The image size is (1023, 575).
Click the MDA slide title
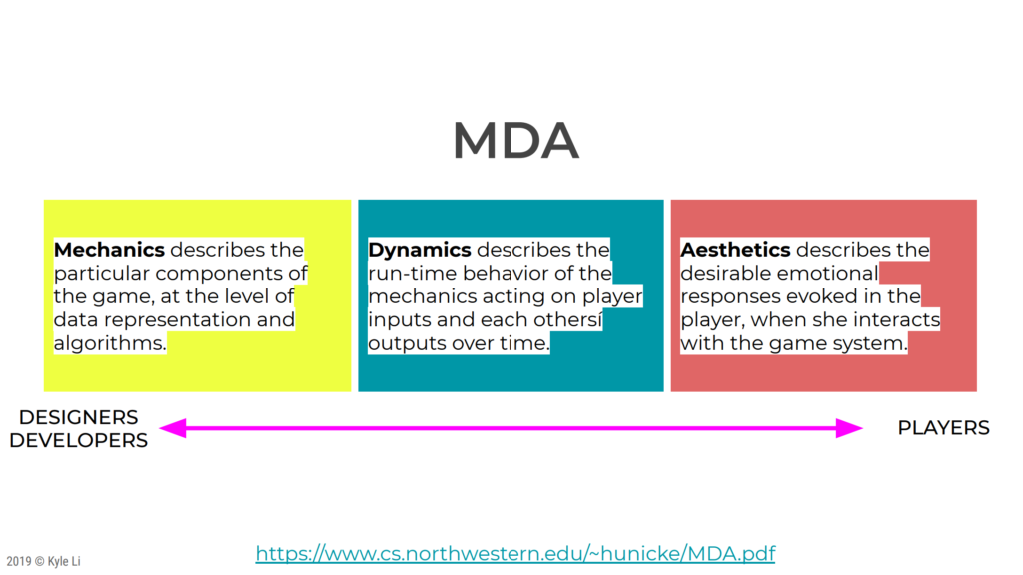[x=515, y=140]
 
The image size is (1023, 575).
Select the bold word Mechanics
[x=109, y=249]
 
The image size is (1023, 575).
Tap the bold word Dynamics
[x=420, y=250]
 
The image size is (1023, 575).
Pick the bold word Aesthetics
[x=735, y=249]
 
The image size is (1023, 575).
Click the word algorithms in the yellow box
[x=110, y=343]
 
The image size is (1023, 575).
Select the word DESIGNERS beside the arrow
[x=78, y=417]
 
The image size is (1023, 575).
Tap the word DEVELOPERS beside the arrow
[x=78, y=440]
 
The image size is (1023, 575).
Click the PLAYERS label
[x=943, y=428]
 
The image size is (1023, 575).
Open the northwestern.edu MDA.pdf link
[x=515, y=553]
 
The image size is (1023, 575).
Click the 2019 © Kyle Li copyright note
[x=44, y=561]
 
